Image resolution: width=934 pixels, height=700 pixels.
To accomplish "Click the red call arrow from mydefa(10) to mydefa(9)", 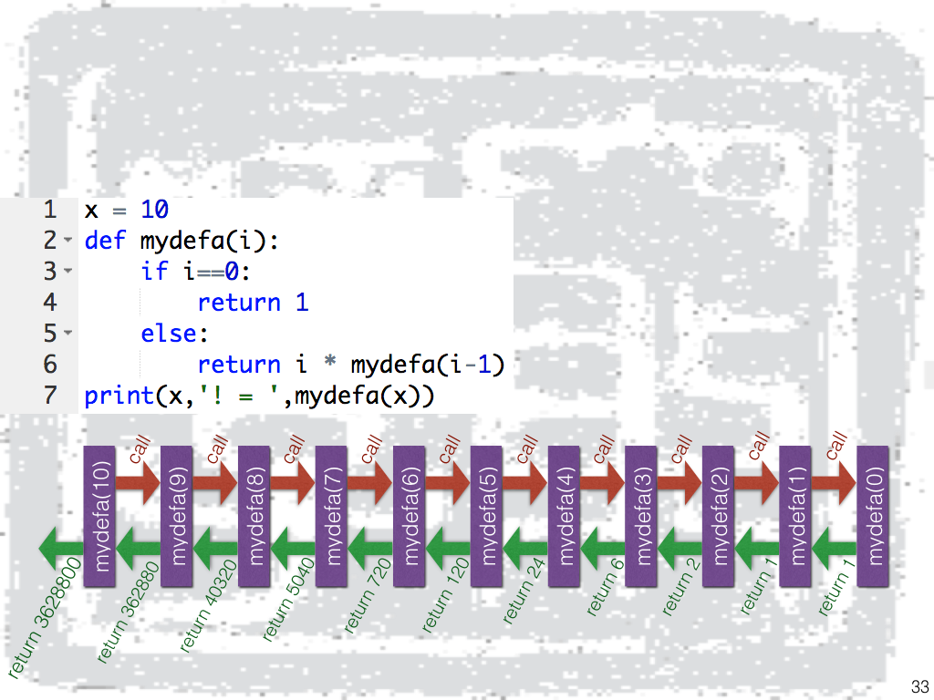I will click(x=137, y=483).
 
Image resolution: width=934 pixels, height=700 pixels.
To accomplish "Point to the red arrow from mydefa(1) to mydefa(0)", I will click(x=834, y=483).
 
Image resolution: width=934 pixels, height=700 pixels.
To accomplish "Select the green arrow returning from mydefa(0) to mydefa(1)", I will click(x=834, y=549).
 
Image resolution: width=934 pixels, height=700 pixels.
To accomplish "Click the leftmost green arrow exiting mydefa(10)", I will click(x=60, y=549).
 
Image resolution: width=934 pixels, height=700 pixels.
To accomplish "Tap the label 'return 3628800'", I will click(x=46, y=620).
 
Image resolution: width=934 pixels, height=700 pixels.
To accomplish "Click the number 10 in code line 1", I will click(x=154, y=210).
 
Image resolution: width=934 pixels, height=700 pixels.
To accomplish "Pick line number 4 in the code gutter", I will click(x=50, y=303).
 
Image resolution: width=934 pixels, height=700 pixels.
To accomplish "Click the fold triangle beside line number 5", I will click(x=68, y=334).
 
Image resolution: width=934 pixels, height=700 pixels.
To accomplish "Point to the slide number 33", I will click(x=918, y=686).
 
